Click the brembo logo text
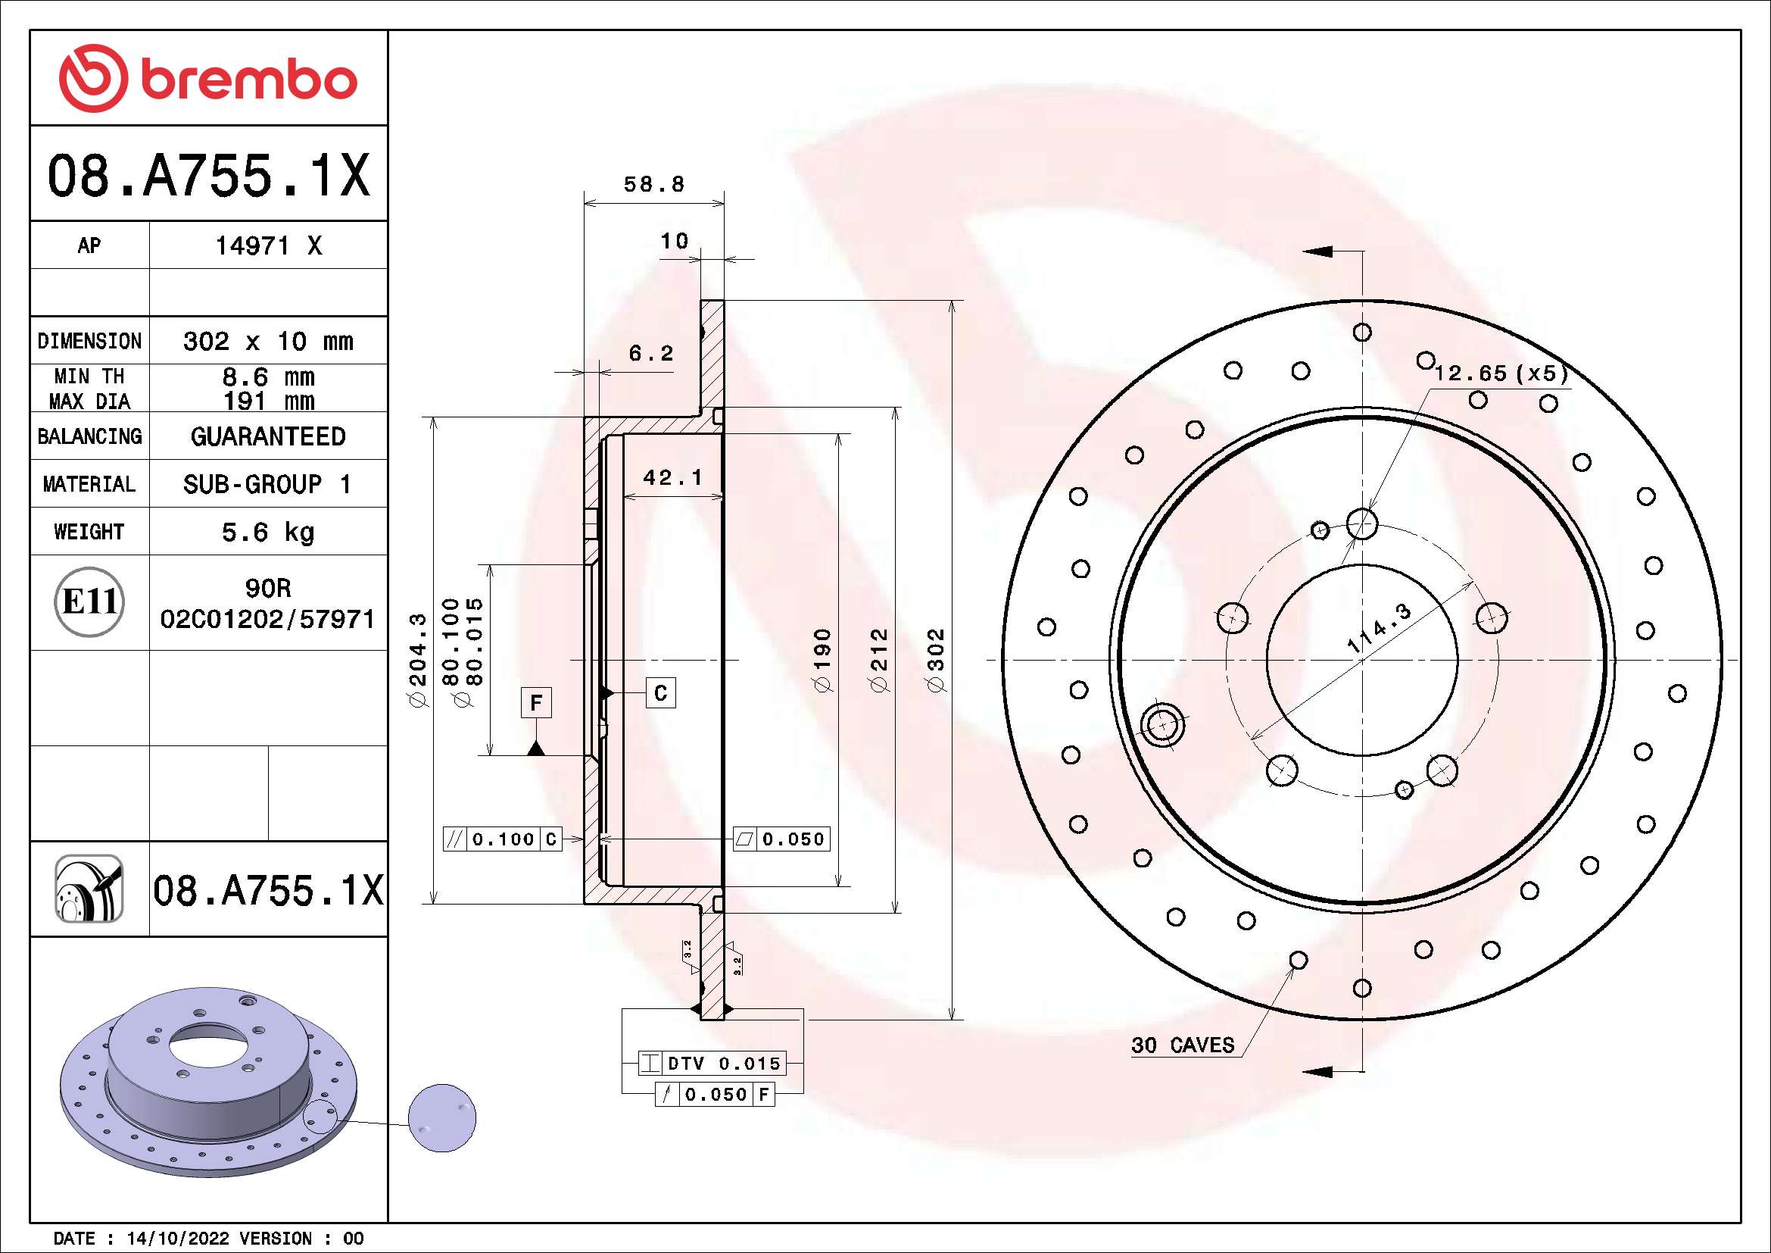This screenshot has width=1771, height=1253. pyautogui.click(x=248, y=80)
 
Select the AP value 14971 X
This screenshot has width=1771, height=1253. pyautogui.click(x=267, y=246)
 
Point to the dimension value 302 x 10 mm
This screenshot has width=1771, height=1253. pyautogui.click(x=267, y=341)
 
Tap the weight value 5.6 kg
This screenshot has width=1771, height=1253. pyautogui.click(x=267, y=532)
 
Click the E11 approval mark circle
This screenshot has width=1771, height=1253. pyautogui.click(x=89, y=602)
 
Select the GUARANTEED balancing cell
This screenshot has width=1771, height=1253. pyautogui.click(x=267, y=436)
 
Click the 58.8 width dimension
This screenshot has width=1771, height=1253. pyautogui.click(x=653, y=184)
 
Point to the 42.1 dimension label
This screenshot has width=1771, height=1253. pyautogui.click(x=672, y=478)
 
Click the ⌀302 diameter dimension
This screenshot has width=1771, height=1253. pyautogui.click(x=935, y=661)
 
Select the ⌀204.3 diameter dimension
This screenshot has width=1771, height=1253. pyautogui.click(x=417, y=661)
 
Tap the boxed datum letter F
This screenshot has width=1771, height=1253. pyautogui.click(x=536, y=703)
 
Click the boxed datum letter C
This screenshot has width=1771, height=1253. pyautogui.click(x=660, y=693)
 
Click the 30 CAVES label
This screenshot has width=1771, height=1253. pyautogui.click(x=1183, y=1045)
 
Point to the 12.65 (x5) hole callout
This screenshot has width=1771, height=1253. pyautogui.click(x=1501, y=373)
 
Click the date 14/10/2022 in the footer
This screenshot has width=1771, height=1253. pyautogui.click(x=177, y=1239)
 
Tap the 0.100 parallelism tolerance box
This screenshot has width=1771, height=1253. pyautogui.click(x=502, y=839)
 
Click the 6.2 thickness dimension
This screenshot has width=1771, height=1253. pyautogui.click(x=651, y=353)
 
